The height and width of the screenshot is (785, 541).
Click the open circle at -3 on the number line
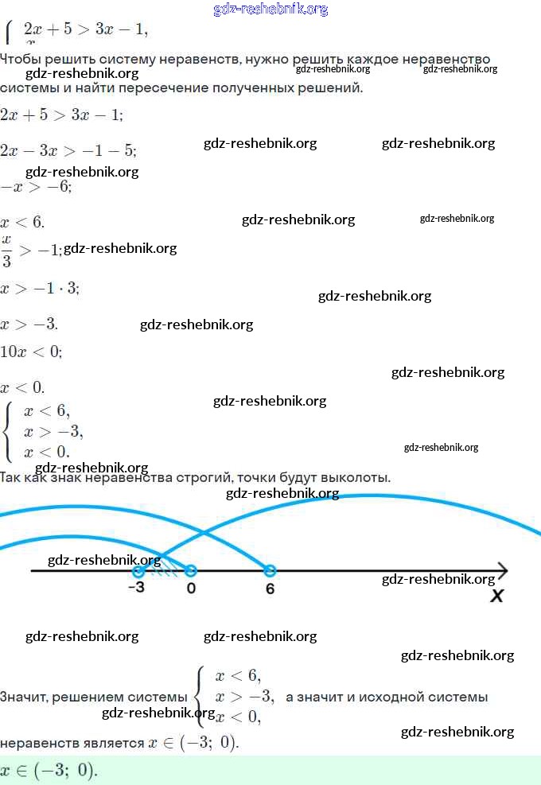pyautogui.click(x=138, y=570)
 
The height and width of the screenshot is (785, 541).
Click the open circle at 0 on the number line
pyautogui.click(x=190, y=570)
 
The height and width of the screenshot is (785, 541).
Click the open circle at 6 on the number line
pyautogui.click(x=270, y=570)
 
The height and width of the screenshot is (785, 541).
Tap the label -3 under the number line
pyautogui.click(x=136, y=589)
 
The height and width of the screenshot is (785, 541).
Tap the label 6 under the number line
pyautogui.click(x=270, y=589)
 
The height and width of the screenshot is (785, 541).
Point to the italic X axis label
pyautogui.click(x=497, y=595)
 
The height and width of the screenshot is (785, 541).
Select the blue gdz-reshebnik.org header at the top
pyautogui.click(x=270, y=10)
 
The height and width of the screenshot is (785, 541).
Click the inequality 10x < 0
pyautogui.click(x=31, y=352)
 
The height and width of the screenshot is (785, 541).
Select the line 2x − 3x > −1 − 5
pyautogui.click(x=68, y=151)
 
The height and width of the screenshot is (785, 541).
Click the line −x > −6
pyautogui.click(x=37, y=187)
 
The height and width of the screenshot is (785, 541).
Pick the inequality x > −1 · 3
pyautogui.click(x=40, y=288)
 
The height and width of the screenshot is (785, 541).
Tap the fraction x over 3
pyautogui.click(x=7, y=251)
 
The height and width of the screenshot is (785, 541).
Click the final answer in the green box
pyautogui.click(x=49, y=770)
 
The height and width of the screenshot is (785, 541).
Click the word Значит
pyautogui.click(x=23, y=698)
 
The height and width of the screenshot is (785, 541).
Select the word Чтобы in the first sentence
pyautogui.click(x=22, y=60)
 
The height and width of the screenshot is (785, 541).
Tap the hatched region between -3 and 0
pyautogui.click(x=165, y=568)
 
